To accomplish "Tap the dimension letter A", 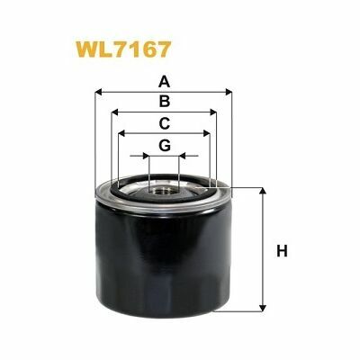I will [163, 78].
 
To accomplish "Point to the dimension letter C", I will [163, 123].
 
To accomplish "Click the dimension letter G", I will [163, 145].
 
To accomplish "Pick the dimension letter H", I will [281, 249].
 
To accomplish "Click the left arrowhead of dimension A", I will [98, 90].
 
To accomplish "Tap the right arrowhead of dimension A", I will [229, 90].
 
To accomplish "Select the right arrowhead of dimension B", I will [214, 112].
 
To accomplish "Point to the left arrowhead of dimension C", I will [122, 134].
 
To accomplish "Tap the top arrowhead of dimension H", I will [263, 193].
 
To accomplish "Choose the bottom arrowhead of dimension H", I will [263, 307].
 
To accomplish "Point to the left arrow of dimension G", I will [144, 156].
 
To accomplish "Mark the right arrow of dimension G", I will [182, 156].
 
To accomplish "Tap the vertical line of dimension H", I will [263, 249].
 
